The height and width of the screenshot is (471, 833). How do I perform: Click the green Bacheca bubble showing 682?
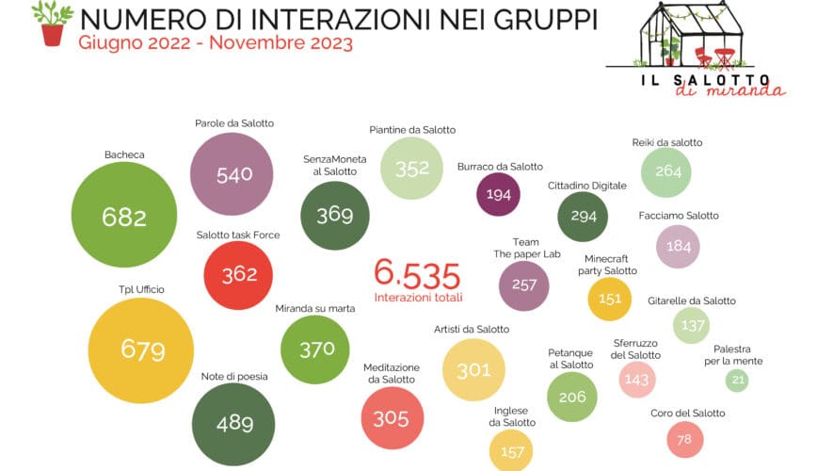(x=124, y=217)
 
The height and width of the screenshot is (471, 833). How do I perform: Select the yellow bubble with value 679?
(x=141, y=350)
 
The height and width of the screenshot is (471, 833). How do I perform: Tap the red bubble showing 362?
(x=239, y=275)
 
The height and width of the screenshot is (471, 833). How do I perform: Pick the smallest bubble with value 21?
(x=737, y=381)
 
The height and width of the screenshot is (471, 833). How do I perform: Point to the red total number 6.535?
(x=417, y=275)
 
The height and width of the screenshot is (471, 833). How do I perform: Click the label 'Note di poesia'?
(x=234, y=376)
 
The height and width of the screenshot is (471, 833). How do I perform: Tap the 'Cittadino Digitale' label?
(x=586, y=186)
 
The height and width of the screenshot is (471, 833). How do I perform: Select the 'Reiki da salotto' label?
(x=667, y=143)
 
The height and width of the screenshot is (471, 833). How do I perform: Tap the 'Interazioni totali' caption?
(x=418, y=298)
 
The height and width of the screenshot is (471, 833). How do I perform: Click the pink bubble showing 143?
(x=636, y=379)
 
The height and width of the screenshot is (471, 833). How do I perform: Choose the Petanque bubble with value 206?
(x=571, y=397)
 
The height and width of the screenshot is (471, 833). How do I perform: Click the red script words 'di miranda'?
(x=730, y=89)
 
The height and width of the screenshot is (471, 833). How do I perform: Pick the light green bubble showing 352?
(x=411, y=168)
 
